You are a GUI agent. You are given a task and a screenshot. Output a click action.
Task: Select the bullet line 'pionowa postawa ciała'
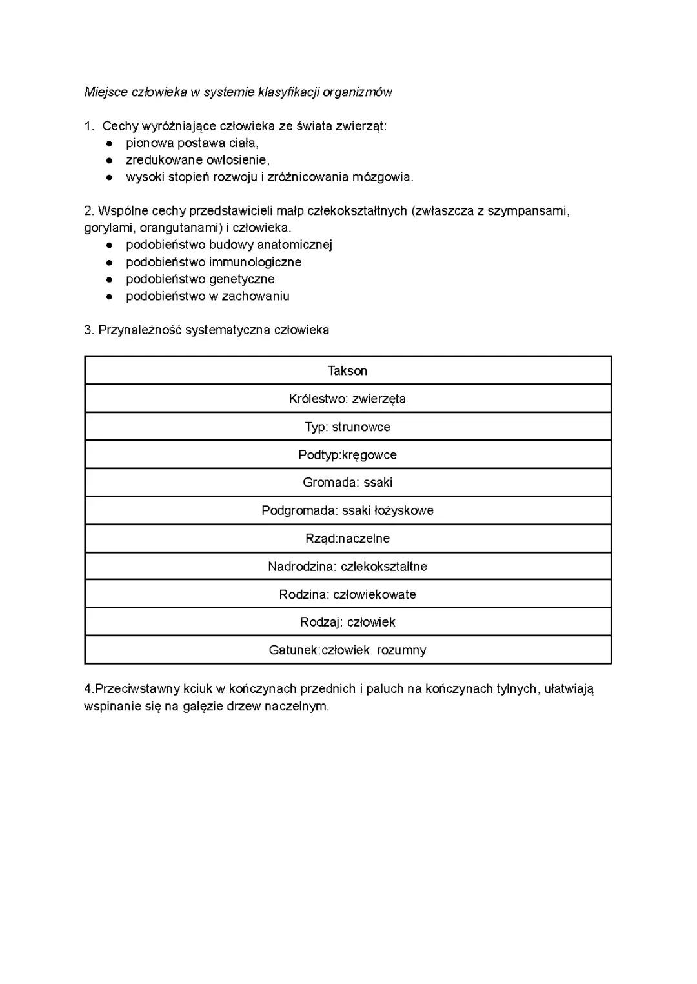click(x=192, y=143)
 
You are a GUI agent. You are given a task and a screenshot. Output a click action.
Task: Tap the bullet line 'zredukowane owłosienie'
click(x=197, y=160)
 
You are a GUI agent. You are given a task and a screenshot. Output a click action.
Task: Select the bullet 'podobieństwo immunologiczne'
click(x=214, y=262)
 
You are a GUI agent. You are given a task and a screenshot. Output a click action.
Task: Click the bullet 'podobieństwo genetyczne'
click(x=200, y=279)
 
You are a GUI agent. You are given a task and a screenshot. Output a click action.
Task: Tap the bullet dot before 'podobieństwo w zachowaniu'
click(x=110, y=297)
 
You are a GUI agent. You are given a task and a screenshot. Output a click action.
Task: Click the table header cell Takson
click(x=347, y=371)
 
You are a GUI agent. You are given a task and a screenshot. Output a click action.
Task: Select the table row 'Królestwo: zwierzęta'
click(x=347, y=399)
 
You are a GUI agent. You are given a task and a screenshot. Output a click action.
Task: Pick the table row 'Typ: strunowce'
click(x=347, y=427)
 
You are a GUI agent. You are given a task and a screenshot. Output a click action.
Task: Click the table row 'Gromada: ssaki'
click(x=347, y=483)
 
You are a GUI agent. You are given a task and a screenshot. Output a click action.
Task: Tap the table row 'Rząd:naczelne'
click(x=347, y=539)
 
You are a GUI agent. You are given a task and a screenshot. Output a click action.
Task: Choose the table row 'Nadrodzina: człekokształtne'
click(x=347, y=567)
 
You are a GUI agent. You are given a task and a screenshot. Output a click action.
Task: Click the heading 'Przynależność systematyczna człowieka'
click(x=214, y=330)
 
